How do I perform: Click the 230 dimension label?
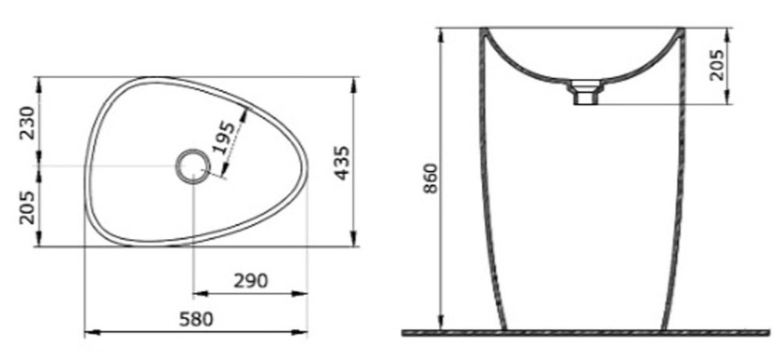(27, 123)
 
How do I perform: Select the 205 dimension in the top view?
(27, 208)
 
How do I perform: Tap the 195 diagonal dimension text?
(223, 137)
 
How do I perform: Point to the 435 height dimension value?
(342, 163)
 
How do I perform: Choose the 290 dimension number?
(251, 281)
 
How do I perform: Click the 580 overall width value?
(196, 319)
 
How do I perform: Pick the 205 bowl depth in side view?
(717, 65)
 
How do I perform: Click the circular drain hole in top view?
(193, 166)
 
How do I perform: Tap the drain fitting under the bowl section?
(585, 92)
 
